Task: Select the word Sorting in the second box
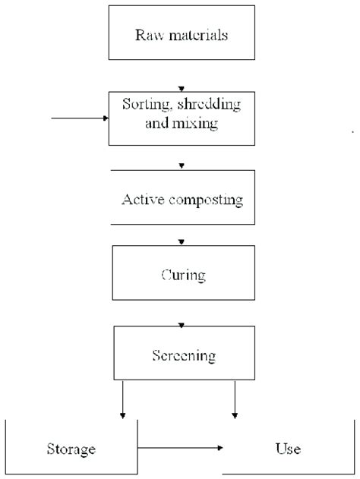click(144, 105)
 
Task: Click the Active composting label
click(182, 200)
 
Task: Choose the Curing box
click(182, 273)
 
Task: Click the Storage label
click(70, 449)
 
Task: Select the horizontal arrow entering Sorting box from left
click(81, 118)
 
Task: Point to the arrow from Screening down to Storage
click(122, 399)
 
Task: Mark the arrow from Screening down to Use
click(235, 399)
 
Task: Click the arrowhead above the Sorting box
click(181, 88)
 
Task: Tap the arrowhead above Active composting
click(181, 165)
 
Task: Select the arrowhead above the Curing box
click(181, 242)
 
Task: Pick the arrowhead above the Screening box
click(181, 325)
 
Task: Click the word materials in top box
click(193, 35)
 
